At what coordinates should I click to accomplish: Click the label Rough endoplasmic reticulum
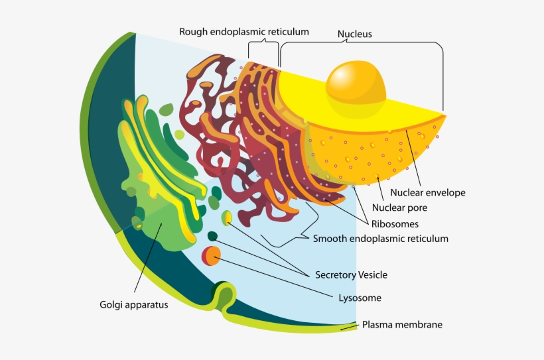click(244, 31)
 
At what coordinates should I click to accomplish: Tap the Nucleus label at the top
click(354, 33)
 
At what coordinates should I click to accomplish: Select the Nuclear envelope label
click(427, 193)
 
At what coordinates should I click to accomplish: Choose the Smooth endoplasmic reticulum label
click(380, 239)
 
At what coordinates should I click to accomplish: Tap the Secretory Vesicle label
click(351, 274)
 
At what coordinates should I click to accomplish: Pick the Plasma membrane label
click(402, 325)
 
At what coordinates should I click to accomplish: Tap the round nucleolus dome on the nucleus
click(356, 82)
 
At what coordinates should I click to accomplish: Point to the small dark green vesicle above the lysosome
click(212, 236)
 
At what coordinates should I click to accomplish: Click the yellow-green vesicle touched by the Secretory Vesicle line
click(227, 217)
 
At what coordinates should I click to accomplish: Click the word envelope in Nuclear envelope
click(445, 193)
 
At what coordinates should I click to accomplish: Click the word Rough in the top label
click(193, 31)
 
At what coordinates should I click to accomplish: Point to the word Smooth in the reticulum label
click(329, 239)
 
